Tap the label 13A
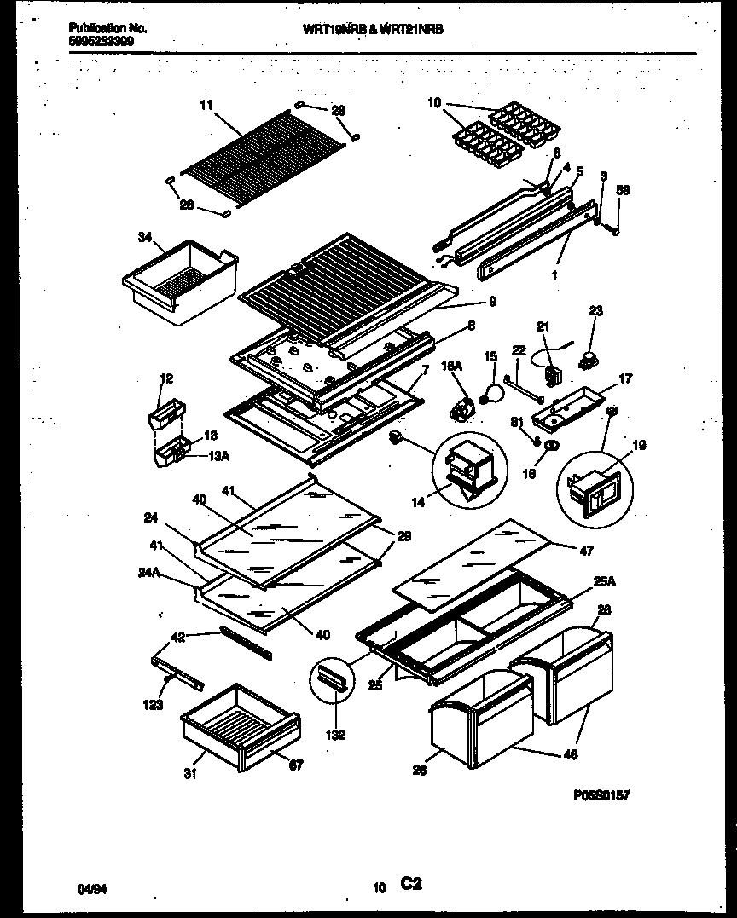pos(218,455)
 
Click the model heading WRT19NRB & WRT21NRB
pos(374,28)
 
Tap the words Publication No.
pos(107,28)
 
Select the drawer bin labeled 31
pos(240,725)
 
